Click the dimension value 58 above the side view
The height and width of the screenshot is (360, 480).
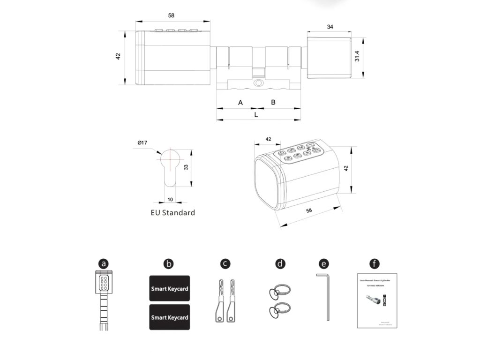pyautogui.click(x=171, y=15)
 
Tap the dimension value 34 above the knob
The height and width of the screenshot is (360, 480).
pyautogui.click(x=330, y=27)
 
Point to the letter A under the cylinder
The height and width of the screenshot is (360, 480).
pyautogui.click(x=240, y=102)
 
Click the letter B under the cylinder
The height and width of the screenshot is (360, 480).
pyautogui.click(x=273, y=102)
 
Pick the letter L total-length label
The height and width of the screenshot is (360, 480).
pyautogui.click(x=256, y=114)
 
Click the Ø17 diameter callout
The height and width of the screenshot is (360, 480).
pyautogui.click(x=142, y=142)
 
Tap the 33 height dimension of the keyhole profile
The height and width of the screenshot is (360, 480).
pyautogui.click(x=186, y=167)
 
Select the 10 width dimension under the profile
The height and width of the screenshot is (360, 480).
pyautogui.click(x=170, y=199)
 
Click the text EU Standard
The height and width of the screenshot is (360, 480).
pyautogui.click(x=172, y=212)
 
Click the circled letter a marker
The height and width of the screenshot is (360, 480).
pyautogui.click(x=104, y=263)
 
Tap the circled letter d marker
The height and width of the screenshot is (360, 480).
pyautogui.click(x=280, y=263)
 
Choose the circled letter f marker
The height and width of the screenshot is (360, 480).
pyautogui.click(x=375, y=263)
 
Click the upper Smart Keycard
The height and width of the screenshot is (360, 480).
pyautogui.click(x=169, y=288)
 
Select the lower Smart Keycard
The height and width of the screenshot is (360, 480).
pyautogui.click(x=169, y=317)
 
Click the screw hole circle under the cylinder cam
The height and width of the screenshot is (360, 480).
pyautogui.click(x=257, y=83)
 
